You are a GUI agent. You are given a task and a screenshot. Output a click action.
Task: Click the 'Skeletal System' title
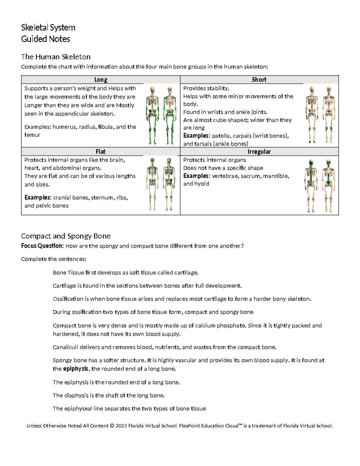tap(48, 28)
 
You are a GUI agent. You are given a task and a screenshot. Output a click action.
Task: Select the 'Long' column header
tap(100, 80)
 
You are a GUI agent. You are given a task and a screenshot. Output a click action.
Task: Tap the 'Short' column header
tap(259, 80)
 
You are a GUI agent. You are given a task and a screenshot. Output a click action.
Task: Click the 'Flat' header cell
tap(100, 152)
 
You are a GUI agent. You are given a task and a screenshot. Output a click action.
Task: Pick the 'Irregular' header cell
tap(259, 152)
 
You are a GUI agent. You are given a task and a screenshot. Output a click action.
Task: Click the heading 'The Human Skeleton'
tap(55, 57)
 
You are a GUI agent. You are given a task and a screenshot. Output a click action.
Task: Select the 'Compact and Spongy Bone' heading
tap(66, 236)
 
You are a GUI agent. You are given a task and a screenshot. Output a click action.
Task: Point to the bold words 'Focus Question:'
tap(42, 246)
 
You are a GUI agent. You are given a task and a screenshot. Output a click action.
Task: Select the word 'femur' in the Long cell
tap(32, 135)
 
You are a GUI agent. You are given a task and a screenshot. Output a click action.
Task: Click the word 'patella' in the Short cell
tap(220, 136)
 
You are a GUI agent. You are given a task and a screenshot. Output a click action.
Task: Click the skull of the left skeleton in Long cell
tap(153, 90)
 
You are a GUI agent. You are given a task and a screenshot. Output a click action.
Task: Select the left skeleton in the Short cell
tap(312, 114)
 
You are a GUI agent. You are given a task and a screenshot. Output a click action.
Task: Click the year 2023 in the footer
tap(121, 425)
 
